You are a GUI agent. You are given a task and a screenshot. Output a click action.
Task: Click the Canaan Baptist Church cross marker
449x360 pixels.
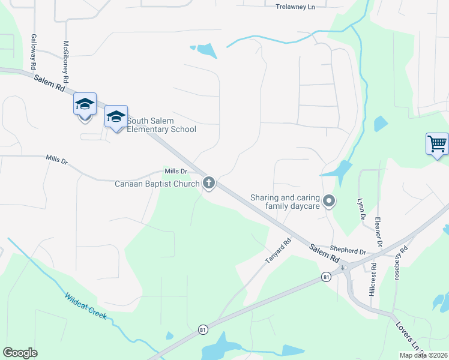coord(209,182)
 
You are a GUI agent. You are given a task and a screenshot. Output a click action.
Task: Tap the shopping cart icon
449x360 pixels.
coord(437,144)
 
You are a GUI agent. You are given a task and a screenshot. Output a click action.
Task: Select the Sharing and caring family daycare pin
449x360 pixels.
coord(328,201)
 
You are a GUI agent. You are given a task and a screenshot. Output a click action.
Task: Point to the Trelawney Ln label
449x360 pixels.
coord(295,7)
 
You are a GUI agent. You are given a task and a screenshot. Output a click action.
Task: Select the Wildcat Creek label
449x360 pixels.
coord(85,306)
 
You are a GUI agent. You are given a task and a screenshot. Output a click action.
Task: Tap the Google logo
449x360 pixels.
coord(20,353)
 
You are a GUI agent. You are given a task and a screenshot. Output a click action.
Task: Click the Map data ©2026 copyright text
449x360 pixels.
coord(424,355)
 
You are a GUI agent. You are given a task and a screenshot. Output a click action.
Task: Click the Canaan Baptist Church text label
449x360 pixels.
coord(157,184)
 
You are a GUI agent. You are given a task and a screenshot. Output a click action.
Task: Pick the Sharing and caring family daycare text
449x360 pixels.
coord(285,202)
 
